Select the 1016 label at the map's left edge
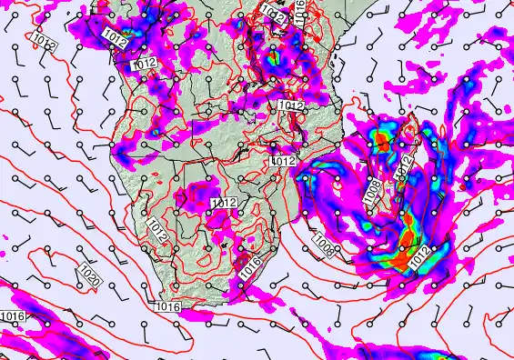click(12, 316)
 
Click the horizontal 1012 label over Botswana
click(223, 202)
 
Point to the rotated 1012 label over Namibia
click(156, 229)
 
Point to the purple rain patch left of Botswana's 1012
click(197, 194)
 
